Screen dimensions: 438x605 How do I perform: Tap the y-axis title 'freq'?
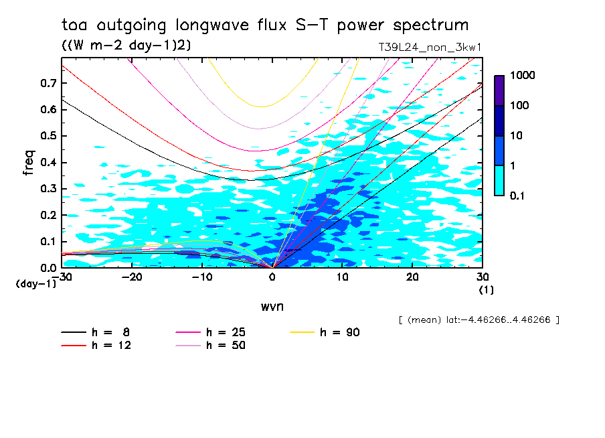click(x=29, y=163)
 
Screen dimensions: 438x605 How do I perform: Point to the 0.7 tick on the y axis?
click(x=48, y=83)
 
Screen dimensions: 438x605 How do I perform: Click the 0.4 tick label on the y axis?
click(x=48, y=163)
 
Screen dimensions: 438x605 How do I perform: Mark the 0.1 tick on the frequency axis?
click(x=48, y=242)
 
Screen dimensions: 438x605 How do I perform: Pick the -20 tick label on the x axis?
click(x=132, y=277)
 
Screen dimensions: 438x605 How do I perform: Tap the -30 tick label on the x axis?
click(x=62, y=277)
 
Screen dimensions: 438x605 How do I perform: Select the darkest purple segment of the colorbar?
click(x=499, y=90)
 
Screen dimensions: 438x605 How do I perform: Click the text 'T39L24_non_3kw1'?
click(x=430, y=47)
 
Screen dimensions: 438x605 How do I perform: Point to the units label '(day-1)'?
click(x=35, y=284)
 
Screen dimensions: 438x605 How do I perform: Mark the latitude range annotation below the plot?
click(x=478, y=319)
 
